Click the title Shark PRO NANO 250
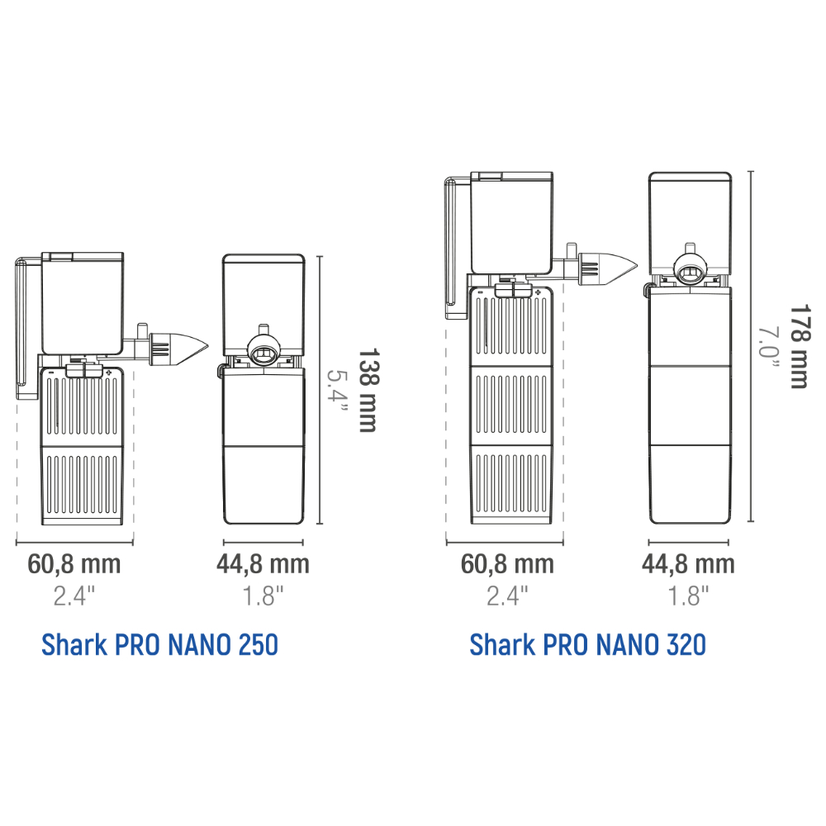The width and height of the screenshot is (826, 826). [x=159, y=644]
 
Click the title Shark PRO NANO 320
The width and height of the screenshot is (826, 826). [x=588, y=644]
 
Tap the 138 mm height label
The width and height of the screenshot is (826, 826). [x=367, y=390]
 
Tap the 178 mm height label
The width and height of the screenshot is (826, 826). [x=798, y=347]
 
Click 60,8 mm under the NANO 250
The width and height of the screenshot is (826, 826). [x=74, y=564]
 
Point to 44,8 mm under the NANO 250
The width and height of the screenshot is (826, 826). [x=263, y=564]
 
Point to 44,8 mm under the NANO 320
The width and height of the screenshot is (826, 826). [x=688, y=564]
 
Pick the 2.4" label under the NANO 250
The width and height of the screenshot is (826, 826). [x=74, y=596]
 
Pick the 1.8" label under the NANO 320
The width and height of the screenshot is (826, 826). [x=688, y=596]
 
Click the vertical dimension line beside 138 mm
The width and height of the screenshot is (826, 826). [x=320, y=390]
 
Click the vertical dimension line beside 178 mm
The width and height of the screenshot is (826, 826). [x=750, y=347]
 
